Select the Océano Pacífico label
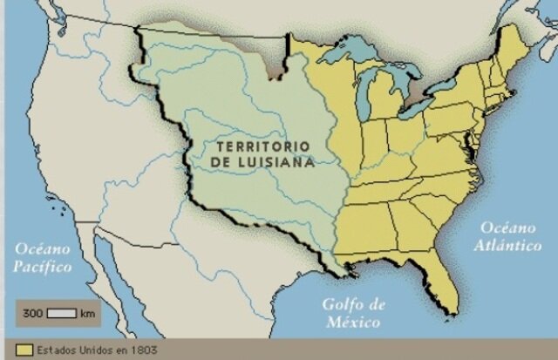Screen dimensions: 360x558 point(43,259)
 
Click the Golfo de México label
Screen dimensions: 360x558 point(353,313)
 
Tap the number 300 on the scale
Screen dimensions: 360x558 point(32,312)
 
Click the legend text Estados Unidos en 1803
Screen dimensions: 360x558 point(90,350)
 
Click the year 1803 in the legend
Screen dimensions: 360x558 point(144,350)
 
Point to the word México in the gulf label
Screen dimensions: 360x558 point(353,322)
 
